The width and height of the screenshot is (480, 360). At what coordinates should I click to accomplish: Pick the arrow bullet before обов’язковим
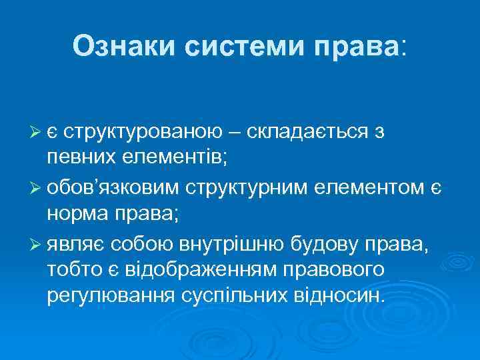(x=37, y=188)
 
